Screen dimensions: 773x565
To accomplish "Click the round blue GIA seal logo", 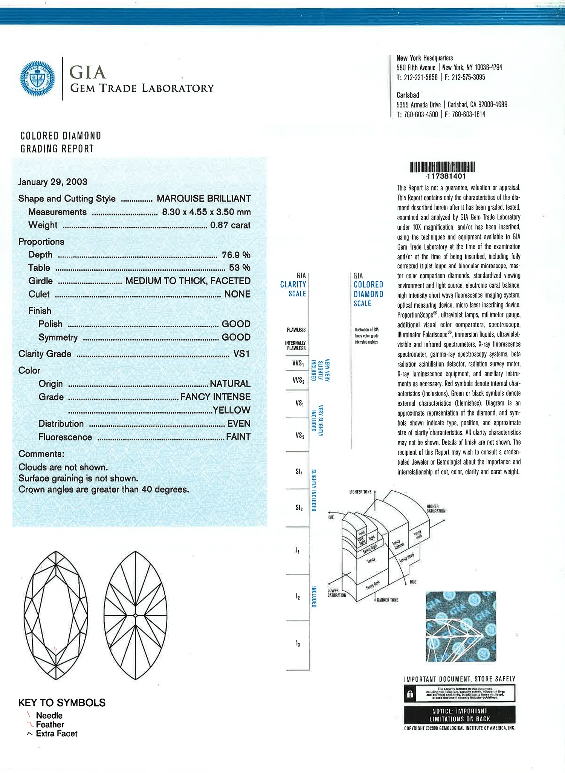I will tap(37, 79).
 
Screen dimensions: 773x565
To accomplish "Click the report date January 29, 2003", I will tap(53, 182).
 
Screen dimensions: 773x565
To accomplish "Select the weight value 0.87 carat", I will tap(230, 225).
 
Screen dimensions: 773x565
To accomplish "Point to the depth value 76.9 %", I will tap(236, 255).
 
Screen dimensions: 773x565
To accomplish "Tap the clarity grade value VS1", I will tap(241, 354).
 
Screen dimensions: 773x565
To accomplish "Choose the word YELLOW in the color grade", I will tap(231, 410).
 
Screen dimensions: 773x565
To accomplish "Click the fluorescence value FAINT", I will tap(238, 437).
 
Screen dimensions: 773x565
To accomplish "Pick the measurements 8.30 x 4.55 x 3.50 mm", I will tap(206, 212).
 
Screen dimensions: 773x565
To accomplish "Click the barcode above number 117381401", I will tap(442, 167).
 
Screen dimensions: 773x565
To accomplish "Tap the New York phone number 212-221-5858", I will tap(420, 77).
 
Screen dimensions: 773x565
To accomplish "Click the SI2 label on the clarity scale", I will tap(299, 508).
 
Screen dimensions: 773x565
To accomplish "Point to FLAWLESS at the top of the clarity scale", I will tap(296, 330).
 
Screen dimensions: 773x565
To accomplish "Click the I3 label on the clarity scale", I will tap(298, 644).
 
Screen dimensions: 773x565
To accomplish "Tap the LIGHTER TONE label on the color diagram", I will tap(360, 492).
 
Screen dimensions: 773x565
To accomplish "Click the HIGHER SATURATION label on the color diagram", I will tap(436, 509).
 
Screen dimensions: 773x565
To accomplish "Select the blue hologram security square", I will tap(461, 626).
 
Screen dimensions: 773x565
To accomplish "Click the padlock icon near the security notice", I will tap(410, 694).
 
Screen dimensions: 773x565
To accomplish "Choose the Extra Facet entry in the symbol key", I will tap(56, 733).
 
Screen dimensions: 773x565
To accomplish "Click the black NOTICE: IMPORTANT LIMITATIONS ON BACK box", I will tap(460, 715).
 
